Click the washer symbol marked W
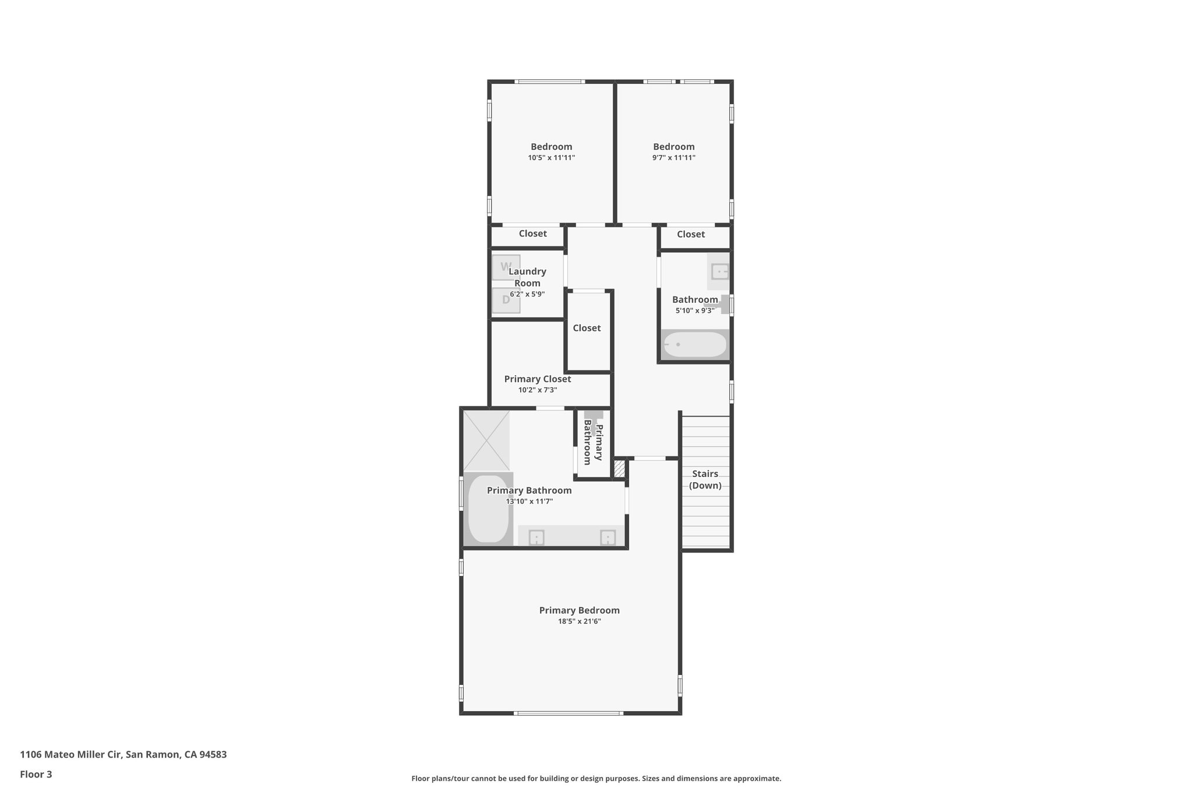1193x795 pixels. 506,267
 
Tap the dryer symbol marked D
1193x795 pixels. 506,301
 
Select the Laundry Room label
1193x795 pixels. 527,277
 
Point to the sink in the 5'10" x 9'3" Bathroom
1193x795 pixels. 720,271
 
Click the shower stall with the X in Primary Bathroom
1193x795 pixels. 486,440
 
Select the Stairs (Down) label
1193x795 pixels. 705,479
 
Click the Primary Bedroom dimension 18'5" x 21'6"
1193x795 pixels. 579,621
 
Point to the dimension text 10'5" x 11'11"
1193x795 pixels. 551,158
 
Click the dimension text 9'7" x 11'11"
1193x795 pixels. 673,158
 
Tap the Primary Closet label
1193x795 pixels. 537,379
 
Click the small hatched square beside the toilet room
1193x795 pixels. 619,469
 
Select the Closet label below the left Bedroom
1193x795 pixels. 532,234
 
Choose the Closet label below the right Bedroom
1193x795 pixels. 690,234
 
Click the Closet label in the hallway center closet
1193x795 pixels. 587,328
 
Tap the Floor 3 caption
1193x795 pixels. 36,774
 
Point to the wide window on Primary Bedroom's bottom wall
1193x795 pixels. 568,713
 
